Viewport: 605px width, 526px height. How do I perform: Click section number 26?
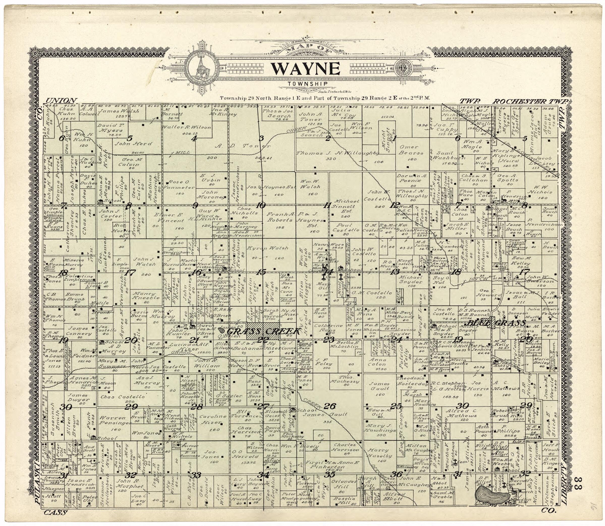(329, 406)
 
